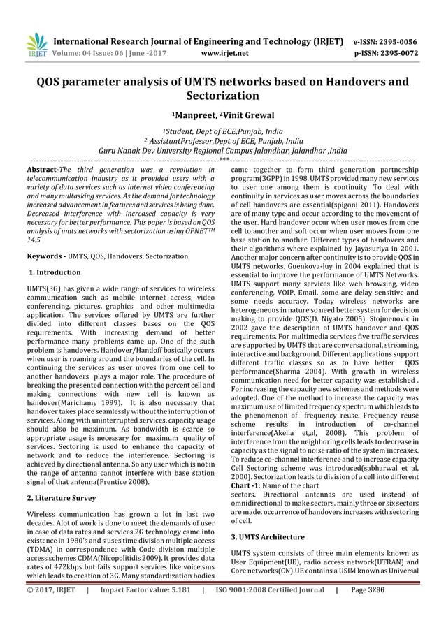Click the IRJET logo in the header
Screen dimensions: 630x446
coord(36,43)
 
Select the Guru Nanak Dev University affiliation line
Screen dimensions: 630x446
coord(222,149)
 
